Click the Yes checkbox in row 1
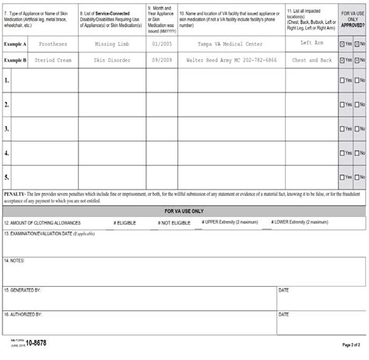[x=343, y=80]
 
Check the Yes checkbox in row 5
[x=343, y=178]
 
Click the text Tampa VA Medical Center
[x=230, y=44]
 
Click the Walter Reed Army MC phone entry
[x=230, y=60]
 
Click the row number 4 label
[x=6, y=153]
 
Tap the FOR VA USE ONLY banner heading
[x=184, y=211]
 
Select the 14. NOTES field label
[x=15, y=260]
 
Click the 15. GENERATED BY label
[x=23, y=289]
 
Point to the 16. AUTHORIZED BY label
[x=23, y=314]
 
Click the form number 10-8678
[x=36, y=343]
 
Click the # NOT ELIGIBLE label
[x=174, y=222]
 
